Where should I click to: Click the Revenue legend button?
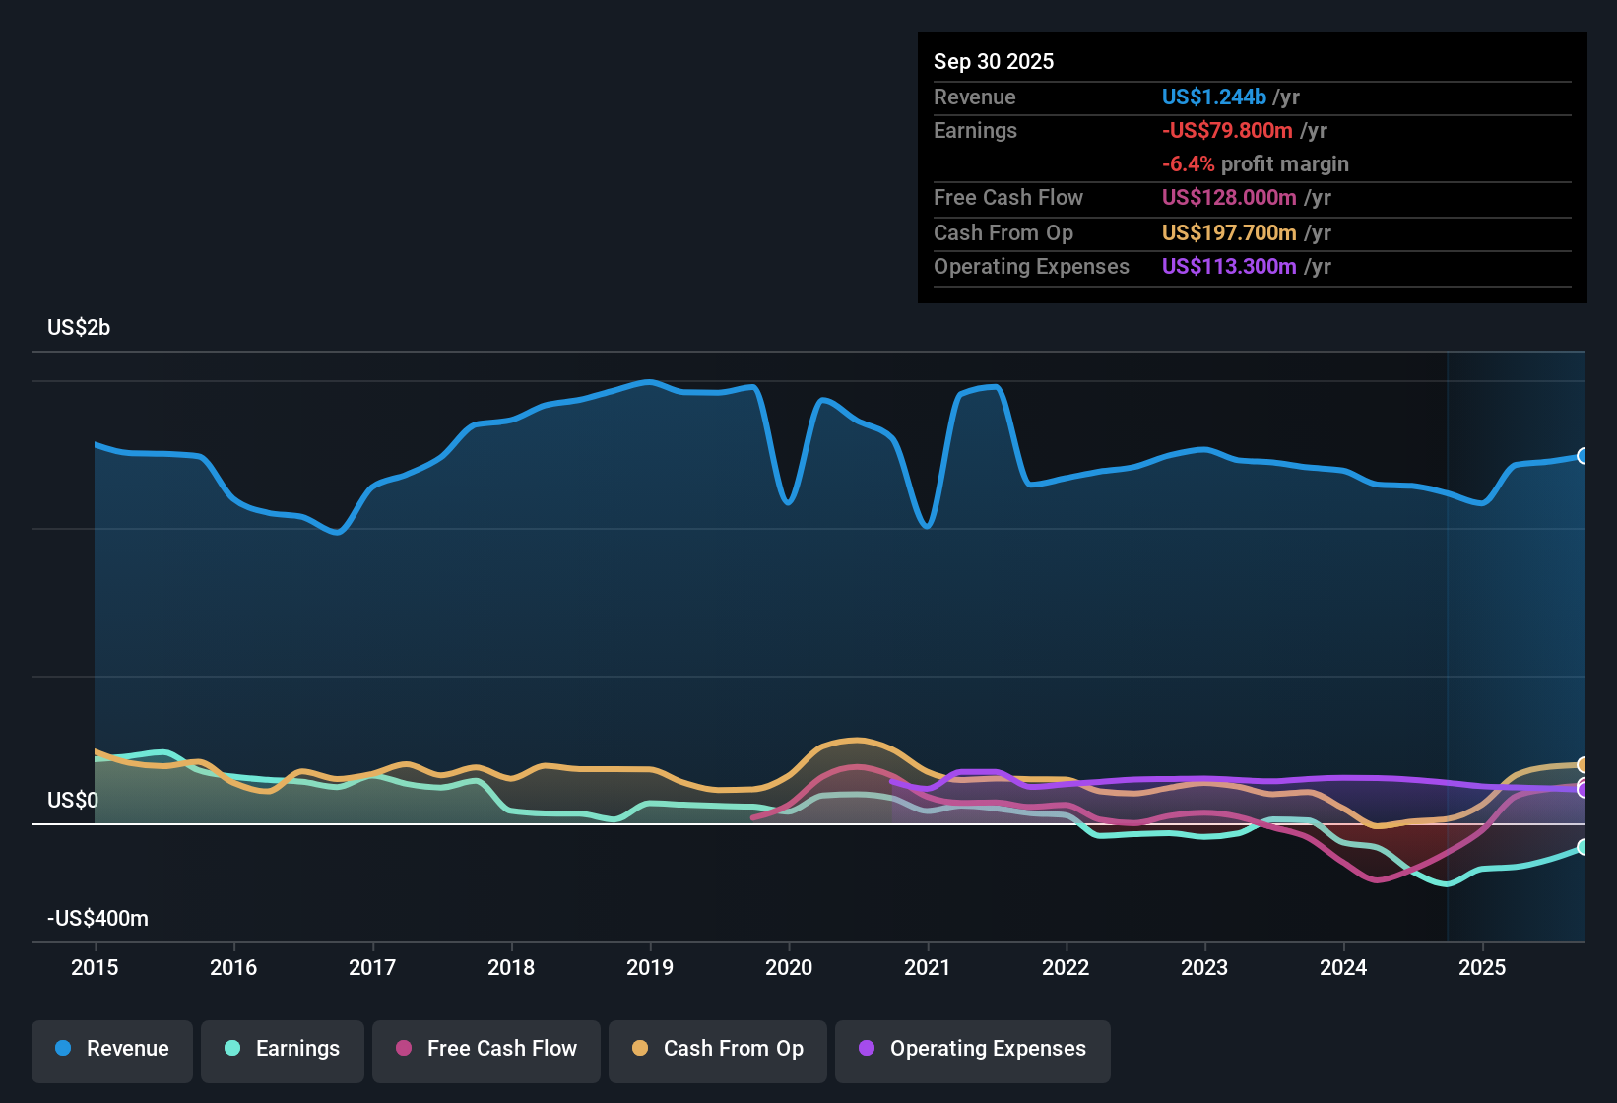[x=112, y=1049]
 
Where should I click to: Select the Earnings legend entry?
[x=283, y=1049]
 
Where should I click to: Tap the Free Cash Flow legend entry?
[x=486, y=1049]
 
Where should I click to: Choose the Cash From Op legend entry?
[x=718, y=1049]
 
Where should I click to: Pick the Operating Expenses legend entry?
[x=973, y=1049]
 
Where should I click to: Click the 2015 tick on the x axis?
[x=95, y=967]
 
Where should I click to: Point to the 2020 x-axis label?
[x=789, y=967]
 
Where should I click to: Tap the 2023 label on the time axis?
[x=1204, y=967]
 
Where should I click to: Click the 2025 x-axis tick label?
[x=1482, y=967]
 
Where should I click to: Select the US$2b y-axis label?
[x=79, y=327]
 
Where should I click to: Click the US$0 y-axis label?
[x=73, y=800]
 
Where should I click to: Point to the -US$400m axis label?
[x=97, y=918]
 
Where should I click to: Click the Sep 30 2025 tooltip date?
[x=993, y=61]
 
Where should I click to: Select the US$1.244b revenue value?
[x=1213, y=97]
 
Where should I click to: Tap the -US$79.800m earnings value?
[x=1227, y=130]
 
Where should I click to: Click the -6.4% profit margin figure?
[x=1188, y=163]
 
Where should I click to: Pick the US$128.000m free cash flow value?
[x=1228, y=197]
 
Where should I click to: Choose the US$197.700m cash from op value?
[x=1228, y=232]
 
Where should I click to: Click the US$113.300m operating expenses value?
[x=1228, y=266]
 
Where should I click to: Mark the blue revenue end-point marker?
[x=1583, y=456]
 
